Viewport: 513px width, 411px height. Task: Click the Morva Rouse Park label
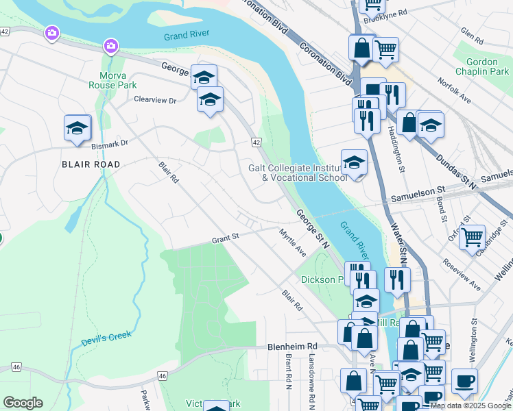pyautogui.click(x=112, y=80)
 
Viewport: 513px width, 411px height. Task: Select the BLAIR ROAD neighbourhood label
pyautogui.click(x=91, y=164)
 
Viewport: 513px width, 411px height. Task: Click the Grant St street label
pyautogui.click(x=225, y=239)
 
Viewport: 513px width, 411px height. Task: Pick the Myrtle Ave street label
pyautogui.click(x=292, y=243)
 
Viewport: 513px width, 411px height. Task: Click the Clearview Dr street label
pyautogui.click(x=155, y=100)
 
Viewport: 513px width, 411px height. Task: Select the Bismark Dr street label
pyautogui.click(x=110, y=144)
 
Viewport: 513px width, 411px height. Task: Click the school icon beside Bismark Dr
pyautogui.click(x=77, y=127)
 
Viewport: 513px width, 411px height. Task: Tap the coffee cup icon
pyautogui.click(x=464, y=381)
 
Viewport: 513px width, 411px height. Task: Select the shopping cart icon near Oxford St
pyautogui.click(x=471, y=238)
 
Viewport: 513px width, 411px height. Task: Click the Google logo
pyautogui.click(x=23, y=403)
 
